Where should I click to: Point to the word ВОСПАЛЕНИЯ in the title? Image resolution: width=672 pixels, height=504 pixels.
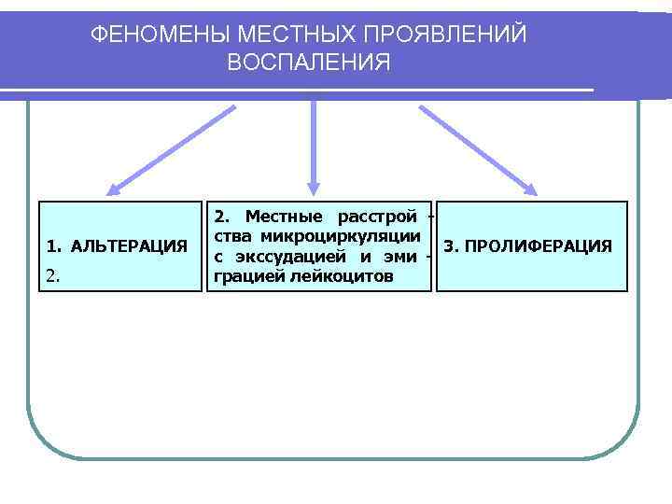309,63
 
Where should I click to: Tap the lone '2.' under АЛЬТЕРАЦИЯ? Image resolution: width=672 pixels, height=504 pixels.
53,276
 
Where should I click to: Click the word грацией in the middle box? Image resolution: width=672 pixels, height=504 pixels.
249,277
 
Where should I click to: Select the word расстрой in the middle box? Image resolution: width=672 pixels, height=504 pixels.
376,217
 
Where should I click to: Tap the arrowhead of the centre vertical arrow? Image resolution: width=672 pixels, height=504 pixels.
313,186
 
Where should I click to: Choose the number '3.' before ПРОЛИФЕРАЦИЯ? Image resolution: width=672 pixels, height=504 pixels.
452,246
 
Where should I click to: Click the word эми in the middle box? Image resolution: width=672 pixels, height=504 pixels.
400,257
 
